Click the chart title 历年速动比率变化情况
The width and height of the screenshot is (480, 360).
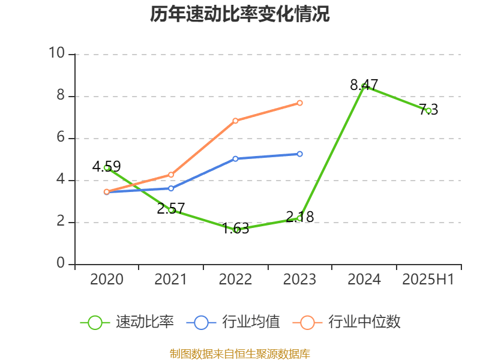(x=240, y=14)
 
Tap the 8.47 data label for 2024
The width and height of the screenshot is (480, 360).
(x=364, y=85)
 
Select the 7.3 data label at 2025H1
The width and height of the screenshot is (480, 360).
(x=428, y=109)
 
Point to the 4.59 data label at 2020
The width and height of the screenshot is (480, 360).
(x=107, y=166)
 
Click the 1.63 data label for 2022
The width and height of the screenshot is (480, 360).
(x=235, y=229)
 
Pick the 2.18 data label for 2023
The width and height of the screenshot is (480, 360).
(x=300, y=217)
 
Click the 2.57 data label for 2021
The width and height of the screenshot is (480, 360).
(x=171, y=209)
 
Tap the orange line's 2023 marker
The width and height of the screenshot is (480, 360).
(x=300, y=103)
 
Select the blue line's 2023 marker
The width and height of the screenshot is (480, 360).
(x=300, y=154)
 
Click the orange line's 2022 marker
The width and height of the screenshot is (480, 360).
(x=235, y=121)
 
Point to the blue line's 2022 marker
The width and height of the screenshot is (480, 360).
(x=235, y=159)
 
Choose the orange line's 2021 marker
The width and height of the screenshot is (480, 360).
(x=171, y=175)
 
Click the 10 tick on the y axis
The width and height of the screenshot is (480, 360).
(x=56, y=54)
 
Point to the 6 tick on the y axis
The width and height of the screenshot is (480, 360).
(x=60, y=138)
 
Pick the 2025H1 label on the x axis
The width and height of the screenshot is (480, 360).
(x=428, y=280)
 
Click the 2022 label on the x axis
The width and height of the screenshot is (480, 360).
(x=235, y=280)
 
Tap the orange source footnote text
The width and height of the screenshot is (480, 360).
(x=240, y=353)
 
